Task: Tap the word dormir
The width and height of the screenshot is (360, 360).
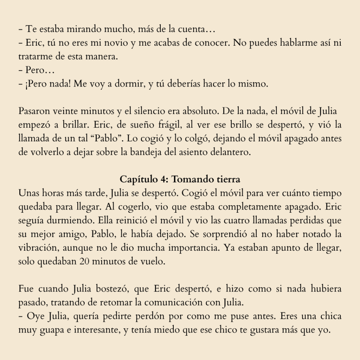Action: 130,85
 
